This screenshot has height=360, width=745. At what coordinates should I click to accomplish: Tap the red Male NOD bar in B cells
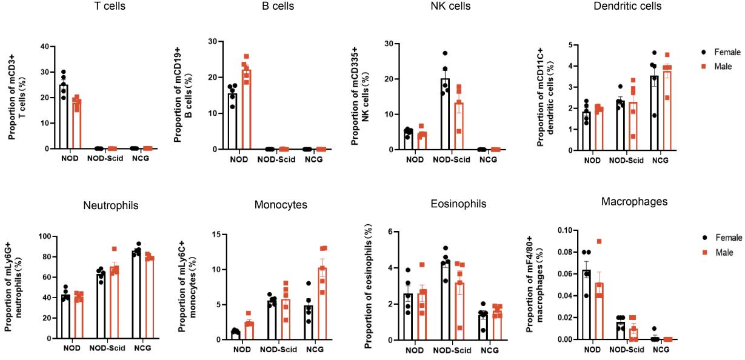[246, 109]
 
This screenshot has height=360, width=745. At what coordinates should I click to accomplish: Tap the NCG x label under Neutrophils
[142, 350]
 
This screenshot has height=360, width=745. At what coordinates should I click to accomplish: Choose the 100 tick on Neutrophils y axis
[43, 236]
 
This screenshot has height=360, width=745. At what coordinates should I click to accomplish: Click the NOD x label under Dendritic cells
[593, 161]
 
